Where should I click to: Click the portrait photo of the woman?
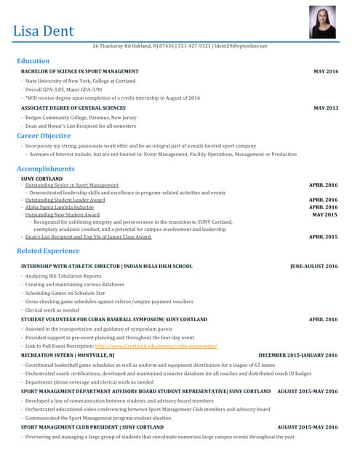coord(322,22)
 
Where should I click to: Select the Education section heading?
coord(33,61)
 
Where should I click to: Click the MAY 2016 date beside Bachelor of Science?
coord(326,72)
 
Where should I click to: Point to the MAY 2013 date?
coord(326,108)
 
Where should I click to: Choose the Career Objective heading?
coord(44,136)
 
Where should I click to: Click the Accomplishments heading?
coord(45,169)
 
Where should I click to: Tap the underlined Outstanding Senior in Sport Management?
coord(71,185)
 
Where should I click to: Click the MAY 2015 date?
coord(324,214)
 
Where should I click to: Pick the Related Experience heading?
coord(48,251)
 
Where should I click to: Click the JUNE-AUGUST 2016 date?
coord(313,266)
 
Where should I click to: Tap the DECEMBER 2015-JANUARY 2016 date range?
coord(298,355)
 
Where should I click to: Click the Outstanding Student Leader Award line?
coord(65,200)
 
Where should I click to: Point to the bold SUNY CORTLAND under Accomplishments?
coord(41,178)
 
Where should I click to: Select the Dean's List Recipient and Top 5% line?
coord(87,237)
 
